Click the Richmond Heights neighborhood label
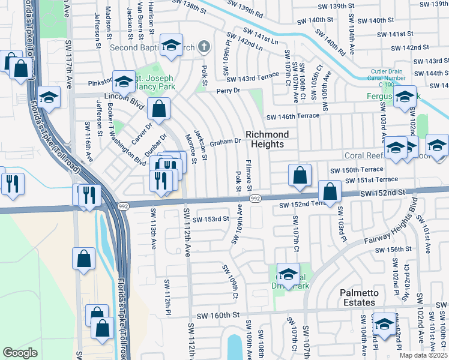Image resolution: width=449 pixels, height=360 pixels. pos(267,139)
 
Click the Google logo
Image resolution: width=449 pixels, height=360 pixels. pos(20,353)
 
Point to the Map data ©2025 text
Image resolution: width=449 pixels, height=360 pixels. pos(423,355)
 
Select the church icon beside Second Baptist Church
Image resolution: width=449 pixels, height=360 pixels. pos(205,47)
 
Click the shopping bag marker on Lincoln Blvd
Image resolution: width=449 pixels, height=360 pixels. pos(159,109)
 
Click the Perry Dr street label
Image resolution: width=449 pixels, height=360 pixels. pos(228,91)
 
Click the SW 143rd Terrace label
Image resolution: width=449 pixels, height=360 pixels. pos(253,77)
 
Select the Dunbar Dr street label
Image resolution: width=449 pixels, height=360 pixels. pos(154,143)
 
